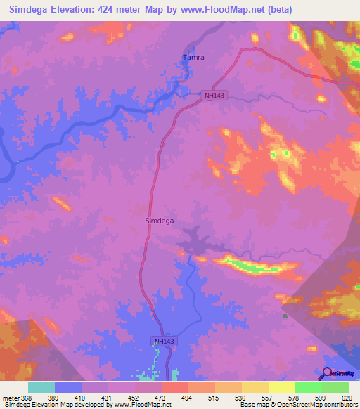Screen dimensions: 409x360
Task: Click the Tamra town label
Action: (x=193, y=57)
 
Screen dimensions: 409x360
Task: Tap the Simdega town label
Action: (x=159, y=220)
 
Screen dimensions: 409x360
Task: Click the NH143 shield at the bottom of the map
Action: (x=163, y=341)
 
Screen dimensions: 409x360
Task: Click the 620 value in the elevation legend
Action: (x=345, y=398)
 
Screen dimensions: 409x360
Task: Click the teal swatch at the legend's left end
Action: (x=41, y=387)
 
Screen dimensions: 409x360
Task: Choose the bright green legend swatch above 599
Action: (x=308, y=387)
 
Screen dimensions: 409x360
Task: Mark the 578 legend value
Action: (x=292, y=398)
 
